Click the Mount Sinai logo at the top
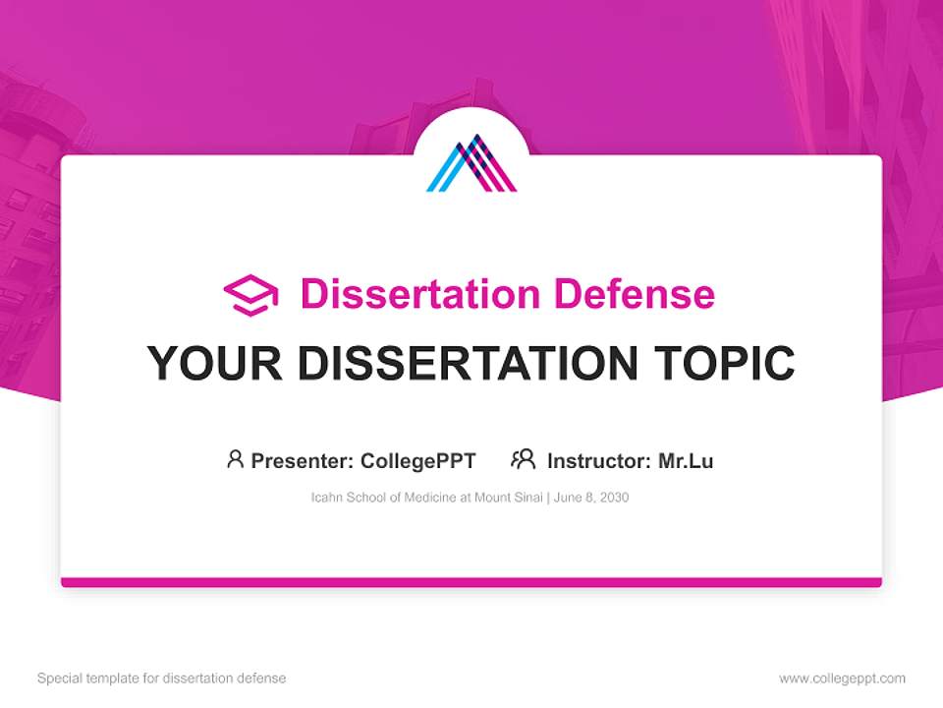coord(471,163)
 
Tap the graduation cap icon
coord(250,295)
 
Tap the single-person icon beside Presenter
coord(235,459)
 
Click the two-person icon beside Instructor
coord(523,459)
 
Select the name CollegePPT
coord(417,460)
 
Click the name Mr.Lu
coord(686,460)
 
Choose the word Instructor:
coord(598,460)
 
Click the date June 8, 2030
coord(590,498)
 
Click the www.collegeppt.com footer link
coord(842,678)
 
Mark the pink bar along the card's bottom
coord(471,582)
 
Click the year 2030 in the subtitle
coord(613,498)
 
